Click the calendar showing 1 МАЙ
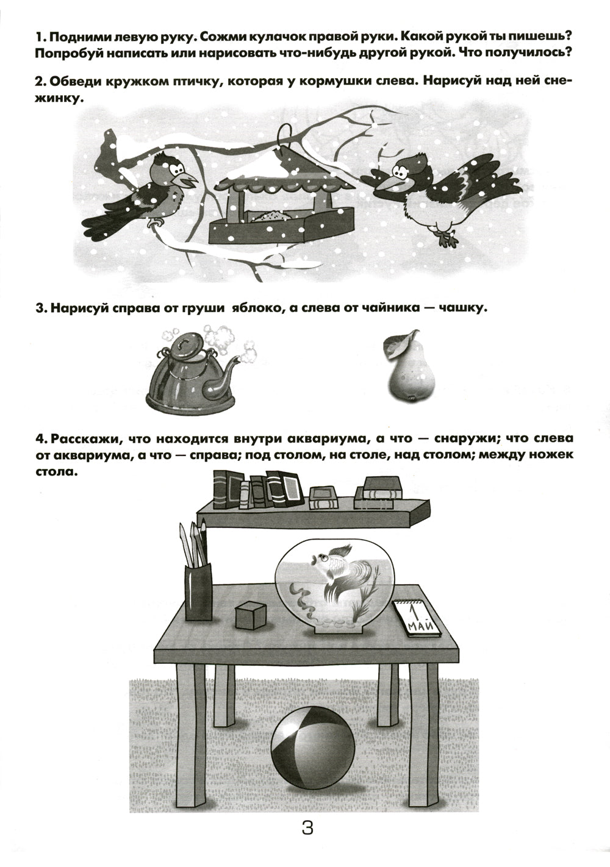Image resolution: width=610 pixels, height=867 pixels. click(x=418, y=618)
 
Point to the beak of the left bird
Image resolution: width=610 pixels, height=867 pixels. click(x=190, y=180)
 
